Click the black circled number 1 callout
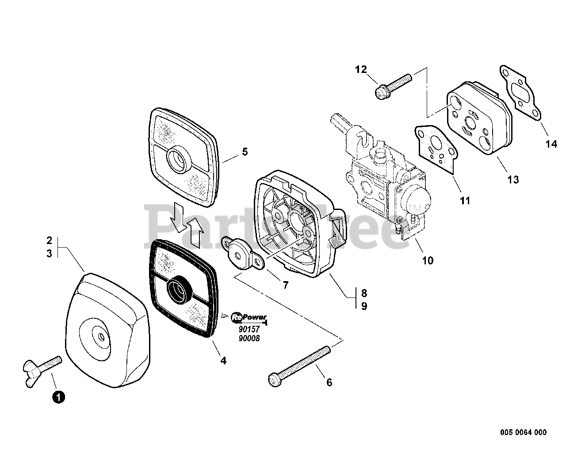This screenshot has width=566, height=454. point(58,397)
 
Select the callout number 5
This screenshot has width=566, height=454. point(245,152)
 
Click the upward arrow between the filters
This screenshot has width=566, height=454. point(196,232)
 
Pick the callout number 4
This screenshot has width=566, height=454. point(223,361)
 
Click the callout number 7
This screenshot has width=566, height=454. point(285,285)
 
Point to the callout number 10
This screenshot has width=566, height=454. point(428,260)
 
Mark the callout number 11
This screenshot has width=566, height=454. point(465,201)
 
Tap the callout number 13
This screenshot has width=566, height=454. point(513,179)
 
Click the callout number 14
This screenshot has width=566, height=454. point(551,144)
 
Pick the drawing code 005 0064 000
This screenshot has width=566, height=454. point(524,432)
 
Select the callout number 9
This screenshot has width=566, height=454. point(364,306)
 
